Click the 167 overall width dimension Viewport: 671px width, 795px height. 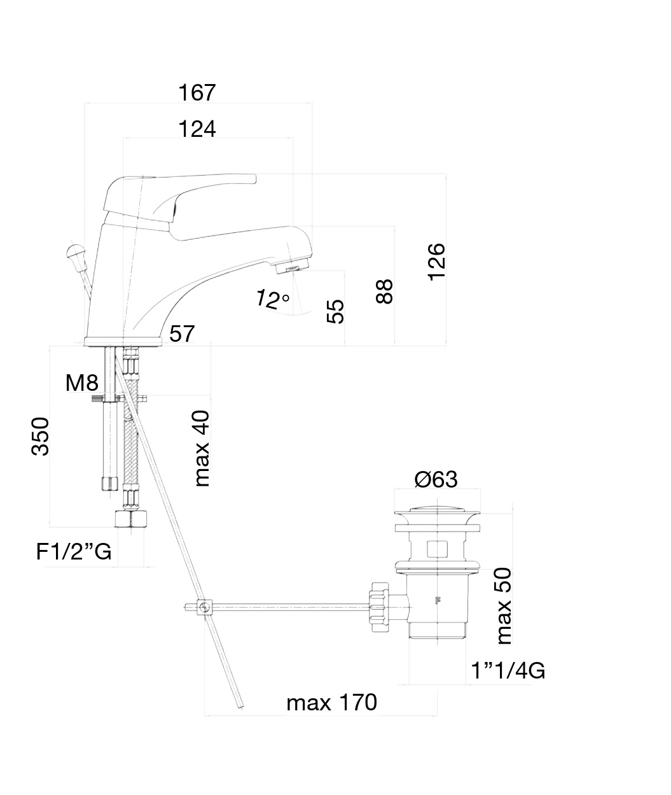click(197, 93)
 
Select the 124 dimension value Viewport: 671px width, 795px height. click(197, 129)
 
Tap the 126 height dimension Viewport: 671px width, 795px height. click(437, 261)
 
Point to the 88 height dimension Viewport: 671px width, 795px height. click(385, 292)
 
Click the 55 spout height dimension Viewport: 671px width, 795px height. click(335, 311)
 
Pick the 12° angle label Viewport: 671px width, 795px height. click(272, 299)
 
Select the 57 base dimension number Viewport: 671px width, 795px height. click(182, 334)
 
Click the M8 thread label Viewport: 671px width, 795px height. click(82, 383)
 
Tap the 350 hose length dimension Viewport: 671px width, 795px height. click(41, 437)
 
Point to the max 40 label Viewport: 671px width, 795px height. click(202, 448)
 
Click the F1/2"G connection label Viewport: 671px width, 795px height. click(74, 552)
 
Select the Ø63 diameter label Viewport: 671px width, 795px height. click(436, 479)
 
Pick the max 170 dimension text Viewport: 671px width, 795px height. click(331, 703)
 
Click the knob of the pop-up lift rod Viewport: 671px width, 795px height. click(74, 250)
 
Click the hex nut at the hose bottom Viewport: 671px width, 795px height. click(130, 519)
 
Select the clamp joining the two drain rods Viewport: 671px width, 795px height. click(204, 607)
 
